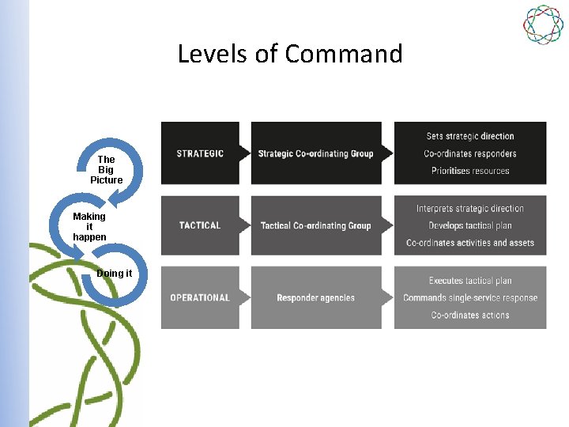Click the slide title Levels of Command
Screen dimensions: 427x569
coord(290,54)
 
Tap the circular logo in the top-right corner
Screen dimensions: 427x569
coord(543,25)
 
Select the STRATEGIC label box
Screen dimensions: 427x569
coord(200,153)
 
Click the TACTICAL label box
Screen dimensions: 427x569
coord(200,225)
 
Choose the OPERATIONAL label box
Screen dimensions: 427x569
coord(200,298)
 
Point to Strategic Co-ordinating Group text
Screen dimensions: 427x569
coord(315,153)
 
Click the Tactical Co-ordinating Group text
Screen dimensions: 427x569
coord(315,225)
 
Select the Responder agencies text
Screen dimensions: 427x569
coord(315,298)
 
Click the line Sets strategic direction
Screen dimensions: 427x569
coord(470,136)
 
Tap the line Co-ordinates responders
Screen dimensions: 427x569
coord(470,153)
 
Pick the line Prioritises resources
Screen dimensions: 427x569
coord(470,171)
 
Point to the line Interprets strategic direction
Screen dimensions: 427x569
coord(470,209)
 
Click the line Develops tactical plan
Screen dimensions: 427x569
coord(470,226)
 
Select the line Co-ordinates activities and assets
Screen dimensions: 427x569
coord(470,243)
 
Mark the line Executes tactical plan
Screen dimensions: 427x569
coord(470,281)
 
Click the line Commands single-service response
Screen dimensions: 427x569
coord(470,298)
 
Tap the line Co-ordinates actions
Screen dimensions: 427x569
coord(470,316)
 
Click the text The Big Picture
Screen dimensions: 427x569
coord(106,170)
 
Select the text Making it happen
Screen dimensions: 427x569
coord(89,226)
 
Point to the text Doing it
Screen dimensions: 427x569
coord(114,274)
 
